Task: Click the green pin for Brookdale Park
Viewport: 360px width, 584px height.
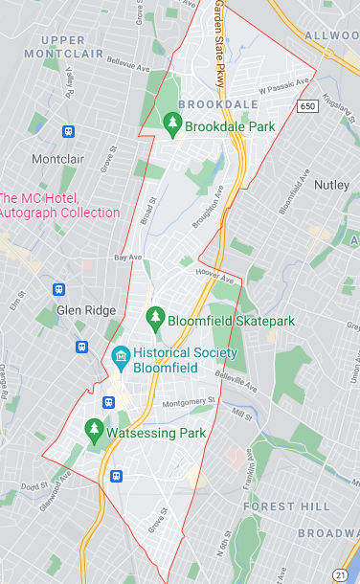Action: pos(172,123)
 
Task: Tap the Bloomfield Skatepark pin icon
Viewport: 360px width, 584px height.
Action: pos(155,316)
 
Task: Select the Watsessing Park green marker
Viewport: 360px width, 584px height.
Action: pos(94,429)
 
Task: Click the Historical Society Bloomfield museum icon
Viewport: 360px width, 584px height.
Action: pos(121,360)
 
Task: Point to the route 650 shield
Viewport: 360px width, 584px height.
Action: pos(306,105)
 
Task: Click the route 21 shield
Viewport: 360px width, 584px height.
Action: pos(341,572)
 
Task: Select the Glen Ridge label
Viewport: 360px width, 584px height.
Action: pos(86,310)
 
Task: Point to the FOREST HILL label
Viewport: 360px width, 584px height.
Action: pos(280,505)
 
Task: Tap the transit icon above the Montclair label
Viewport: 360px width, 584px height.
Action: pos(68,131)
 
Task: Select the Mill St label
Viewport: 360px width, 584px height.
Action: pos(241,415)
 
